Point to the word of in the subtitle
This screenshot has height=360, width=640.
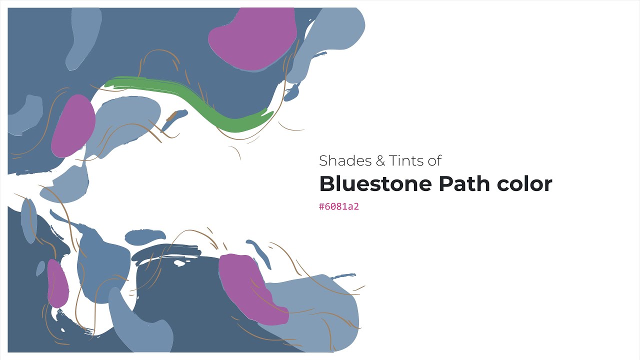point(434,160)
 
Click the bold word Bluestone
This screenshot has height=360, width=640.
point(375,183)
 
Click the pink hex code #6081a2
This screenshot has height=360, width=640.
point(339,206)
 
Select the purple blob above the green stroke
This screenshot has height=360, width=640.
point(252,39)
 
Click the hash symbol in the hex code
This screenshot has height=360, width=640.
point(321,206)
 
